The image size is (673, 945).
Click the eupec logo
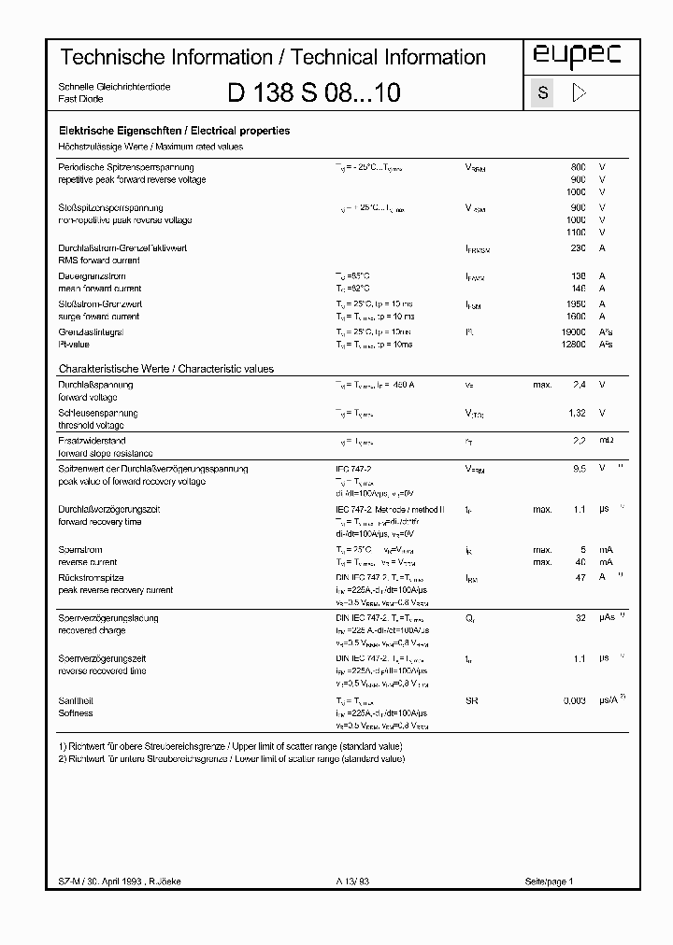[577, 57]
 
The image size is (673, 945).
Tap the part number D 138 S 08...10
[314, 92]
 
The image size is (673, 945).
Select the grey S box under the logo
[543, 92]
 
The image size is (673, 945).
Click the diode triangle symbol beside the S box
[578, 92]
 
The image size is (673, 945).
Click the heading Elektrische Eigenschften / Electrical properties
[174, 132]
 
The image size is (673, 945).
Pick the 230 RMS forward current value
[578, 248]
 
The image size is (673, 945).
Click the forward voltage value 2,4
[579, 385]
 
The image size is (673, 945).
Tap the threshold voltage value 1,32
[577, 413]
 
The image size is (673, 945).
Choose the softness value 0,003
[573, 700]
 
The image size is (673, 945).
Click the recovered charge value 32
[580, 618]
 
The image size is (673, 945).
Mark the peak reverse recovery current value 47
[580, 578]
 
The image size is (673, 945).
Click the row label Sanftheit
[76, 700]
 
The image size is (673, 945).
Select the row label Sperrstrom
[80, 550]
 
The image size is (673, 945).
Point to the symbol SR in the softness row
[471, 700]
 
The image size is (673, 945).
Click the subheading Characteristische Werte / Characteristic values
[166, 369]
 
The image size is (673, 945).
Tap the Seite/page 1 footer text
[549, 882]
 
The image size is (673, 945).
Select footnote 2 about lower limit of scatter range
[231, 759]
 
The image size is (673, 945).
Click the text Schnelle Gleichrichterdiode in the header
[114, 86]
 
